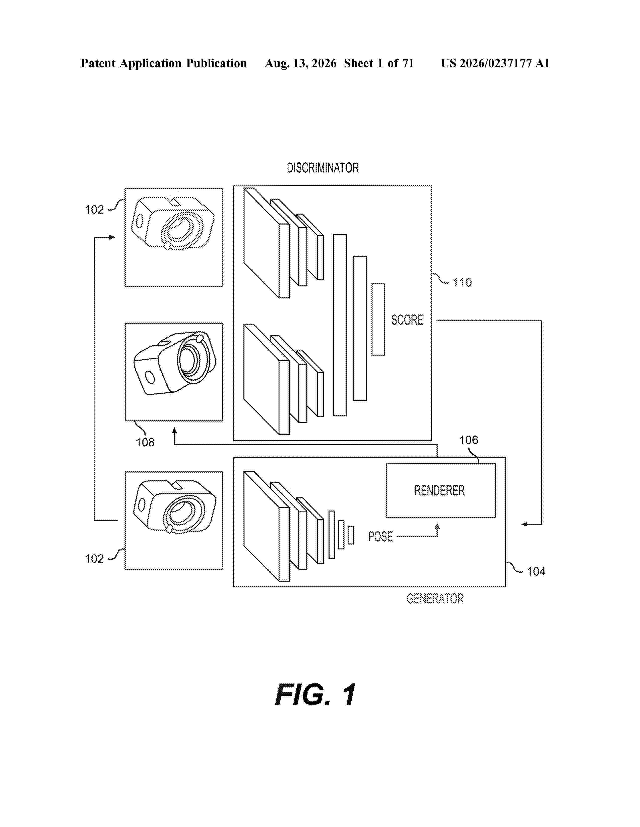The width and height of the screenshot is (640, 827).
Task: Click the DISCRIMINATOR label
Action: (323, 168)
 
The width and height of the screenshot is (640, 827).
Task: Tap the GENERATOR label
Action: (435, 599)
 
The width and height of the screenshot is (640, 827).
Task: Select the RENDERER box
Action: (440, 490)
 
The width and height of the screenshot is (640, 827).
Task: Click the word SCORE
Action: (407, 320)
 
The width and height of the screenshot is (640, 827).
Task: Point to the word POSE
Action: (380, 537)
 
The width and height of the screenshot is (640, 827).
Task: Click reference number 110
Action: (462, 282)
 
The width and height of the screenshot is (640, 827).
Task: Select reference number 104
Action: (536, 571)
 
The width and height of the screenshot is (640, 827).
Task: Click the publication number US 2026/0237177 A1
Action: (495, 63)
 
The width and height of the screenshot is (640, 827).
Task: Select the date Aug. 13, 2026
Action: (301, 63)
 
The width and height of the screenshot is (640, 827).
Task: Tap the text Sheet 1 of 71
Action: (379, 63)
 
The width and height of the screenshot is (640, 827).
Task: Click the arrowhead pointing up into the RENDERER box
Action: (437, 526)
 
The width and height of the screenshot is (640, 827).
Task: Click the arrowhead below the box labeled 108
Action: (174, 431)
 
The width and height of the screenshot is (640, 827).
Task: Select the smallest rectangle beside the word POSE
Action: (351, 535)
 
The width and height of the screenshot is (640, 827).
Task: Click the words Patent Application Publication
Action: (164, 63)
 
